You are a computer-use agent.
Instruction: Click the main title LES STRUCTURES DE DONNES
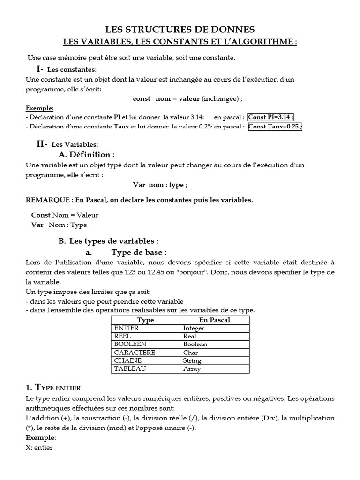pos(180,30)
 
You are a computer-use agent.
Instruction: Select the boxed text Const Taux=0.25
pos(275,126)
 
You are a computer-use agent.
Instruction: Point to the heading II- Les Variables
pos(67,144)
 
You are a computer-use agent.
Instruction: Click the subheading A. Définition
pos(86,154)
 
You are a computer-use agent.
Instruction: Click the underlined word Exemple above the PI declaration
pos(39,108)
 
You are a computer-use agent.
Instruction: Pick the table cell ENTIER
pos(126,328)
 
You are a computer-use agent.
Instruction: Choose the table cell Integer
pos(194,328)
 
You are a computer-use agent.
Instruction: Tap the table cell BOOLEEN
pos(130,344)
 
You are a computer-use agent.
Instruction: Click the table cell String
pos(192,360)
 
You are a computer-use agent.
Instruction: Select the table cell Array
pos(192,369)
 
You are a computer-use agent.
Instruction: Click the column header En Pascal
pos(215,320)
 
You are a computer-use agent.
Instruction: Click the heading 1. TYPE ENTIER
pos(53,388)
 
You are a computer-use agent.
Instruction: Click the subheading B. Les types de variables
pos(108,241)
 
